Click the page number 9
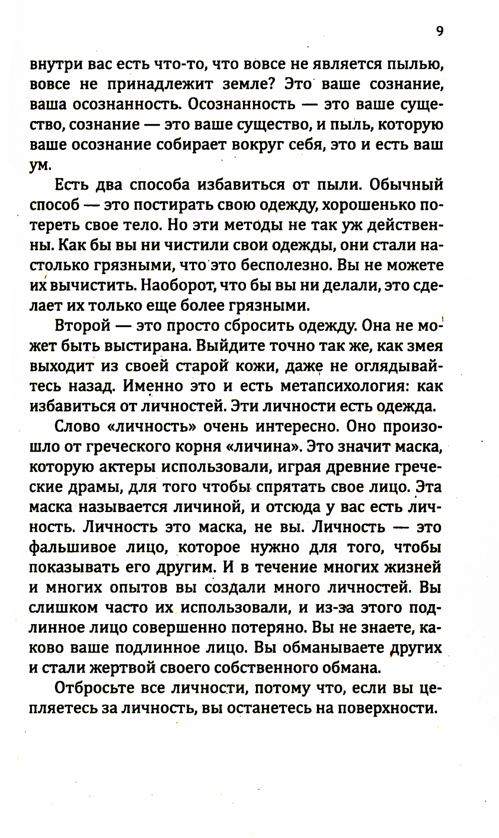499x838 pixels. click(439, 32)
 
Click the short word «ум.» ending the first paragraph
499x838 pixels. click(40, 166)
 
